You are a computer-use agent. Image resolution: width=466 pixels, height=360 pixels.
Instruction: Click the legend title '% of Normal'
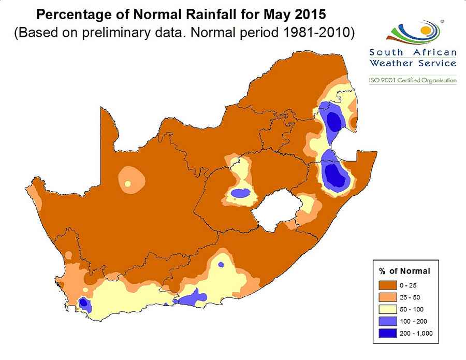pos(404,271)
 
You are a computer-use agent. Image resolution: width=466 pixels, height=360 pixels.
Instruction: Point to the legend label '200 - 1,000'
pos(415,333)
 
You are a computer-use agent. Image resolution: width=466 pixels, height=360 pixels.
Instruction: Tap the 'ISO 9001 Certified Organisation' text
pos(413,80)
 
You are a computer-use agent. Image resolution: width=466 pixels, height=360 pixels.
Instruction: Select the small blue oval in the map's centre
pos(240,193)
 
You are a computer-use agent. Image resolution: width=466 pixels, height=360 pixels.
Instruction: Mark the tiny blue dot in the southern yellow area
pos(221,265)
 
